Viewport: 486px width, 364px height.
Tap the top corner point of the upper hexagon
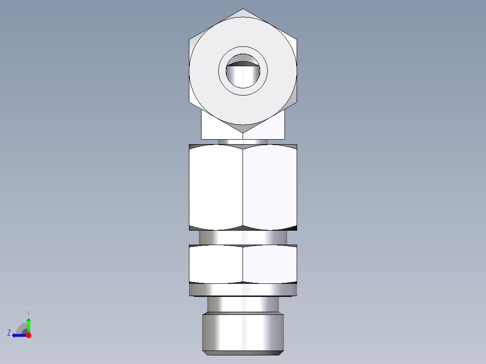(x=243, y=9)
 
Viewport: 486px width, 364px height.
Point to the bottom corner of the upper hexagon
(x=243, y=132)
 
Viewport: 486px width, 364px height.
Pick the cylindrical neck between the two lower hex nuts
(x=243, y=237)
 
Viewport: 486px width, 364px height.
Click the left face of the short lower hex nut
(x=216, y=265)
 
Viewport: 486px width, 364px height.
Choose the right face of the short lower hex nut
(x=270, y=265)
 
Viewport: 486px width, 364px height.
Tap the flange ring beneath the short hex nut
(x=243, y=290)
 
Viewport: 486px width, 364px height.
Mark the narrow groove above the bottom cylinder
(x=243, y=305)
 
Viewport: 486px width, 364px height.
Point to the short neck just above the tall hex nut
(x=243, y=141)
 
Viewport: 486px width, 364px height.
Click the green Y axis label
(x=28, y=312)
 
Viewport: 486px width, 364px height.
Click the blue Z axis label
(x=9, y=333)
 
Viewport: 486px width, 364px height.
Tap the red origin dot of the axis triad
(x=28, y=335)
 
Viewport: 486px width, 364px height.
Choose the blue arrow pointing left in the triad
(x=18, y=335)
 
